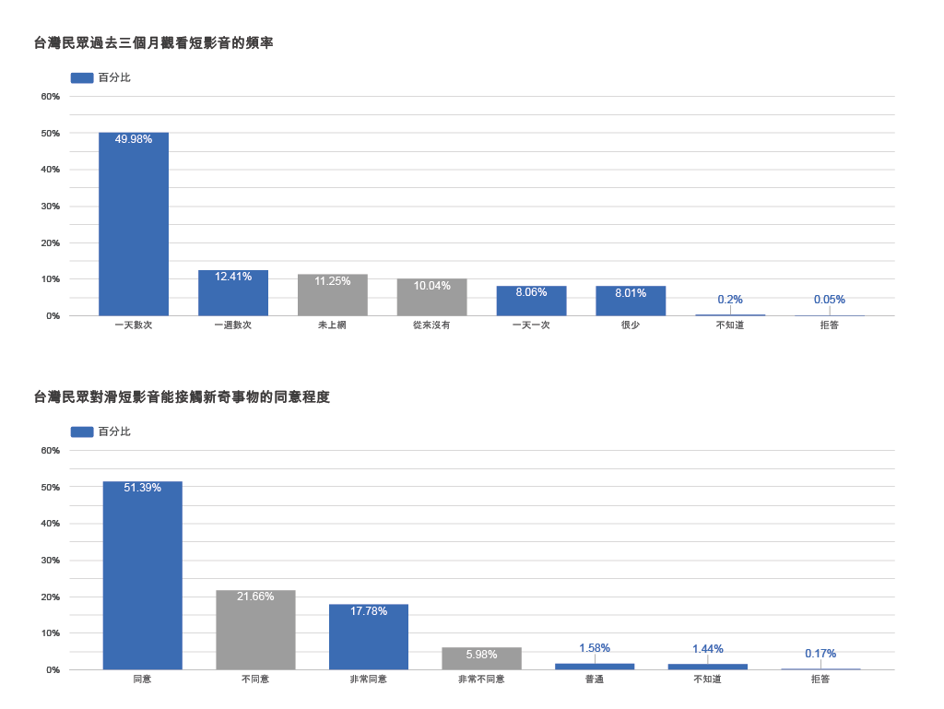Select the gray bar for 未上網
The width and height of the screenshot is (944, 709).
click(333, 295)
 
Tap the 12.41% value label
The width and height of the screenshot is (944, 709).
click(233, 277)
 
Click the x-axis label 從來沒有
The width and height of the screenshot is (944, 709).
click(431, 325)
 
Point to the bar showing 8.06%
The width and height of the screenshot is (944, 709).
click(531, 301)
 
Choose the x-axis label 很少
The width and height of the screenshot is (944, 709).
click(631, 325)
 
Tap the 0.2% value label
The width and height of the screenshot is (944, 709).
click(730, 300)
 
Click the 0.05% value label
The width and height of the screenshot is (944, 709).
click(829, 300)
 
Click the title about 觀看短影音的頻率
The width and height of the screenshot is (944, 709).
click(153, 42)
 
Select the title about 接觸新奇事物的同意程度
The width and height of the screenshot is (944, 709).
click(182, 397)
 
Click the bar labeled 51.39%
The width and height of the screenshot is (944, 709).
click(142, 575)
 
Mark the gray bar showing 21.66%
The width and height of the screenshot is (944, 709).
click(255, 630)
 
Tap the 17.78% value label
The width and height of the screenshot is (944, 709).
click(369, 611)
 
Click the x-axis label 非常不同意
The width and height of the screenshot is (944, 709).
click(481, 679)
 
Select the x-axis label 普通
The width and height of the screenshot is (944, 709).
click(595, 679)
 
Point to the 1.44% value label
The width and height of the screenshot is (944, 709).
click(708, 649)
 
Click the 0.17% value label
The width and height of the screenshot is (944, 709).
click(820, 654)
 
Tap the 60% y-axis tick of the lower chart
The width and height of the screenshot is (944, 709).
click(51, 451)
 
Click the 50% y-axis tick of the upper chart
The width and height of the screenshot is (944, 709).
click(51, 134)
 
